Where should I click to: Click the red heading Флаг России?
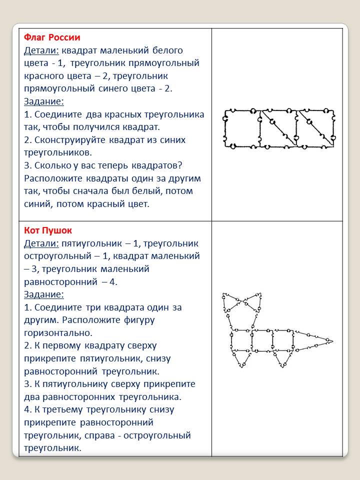[x=52, y=37]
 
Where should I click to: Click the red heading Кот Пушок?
[x=48, y=230]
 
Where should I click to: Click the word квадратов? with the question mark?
[x=174, y=165]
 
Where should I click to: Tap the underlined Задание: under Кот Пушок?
[x=44, y=294]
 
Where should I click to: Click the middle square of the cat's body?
[x=262, y=341]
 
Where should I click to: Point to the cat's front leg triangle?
[x=241, y=357]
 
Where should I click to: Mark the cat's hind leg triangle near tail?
[x=283, y=357]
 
